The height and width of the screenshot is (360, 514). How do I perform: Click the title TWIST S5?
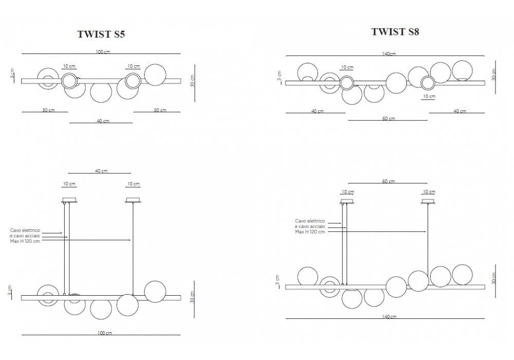click(101, 34)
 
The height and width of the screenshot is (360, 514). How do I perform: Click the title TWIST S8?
click(395, 32)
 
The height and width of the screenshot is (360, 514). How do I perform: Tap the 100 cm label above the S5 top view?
click(103, 52)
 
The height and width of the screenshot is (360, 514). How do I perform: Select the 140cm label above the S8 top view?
click(389, 53)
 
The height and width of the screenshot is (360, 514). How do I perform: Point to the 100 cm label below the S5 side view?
click(104, 333)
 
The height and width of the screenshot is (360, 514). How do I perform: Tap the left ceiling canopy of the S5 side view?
click(69, 200)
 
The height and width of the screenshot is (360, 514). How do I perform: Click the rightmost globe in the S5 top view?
click(155, 74)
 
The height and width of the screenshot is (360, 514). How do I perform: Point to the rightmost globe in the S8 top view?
click(462, 70)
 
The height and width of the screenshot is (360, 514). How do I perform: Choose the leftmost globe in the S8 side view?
click(307, 277)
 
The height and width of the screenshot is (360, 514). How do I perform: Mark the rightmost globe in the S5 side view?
click(155, 292)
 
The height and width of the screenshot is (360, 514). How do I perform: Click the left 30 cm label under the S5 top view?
click(48, 110)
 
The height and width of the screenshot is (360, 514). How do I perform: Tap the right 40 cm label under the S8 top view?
click(460, 111)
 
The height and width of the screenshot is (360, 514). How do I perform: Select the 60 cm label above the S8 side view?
click(389, 181)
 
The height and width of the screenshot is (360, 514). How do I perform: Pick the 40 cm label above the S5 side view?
click(101, 171)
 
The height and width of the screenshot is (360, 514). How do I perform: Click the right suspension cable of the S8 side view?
click(428, 237)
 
